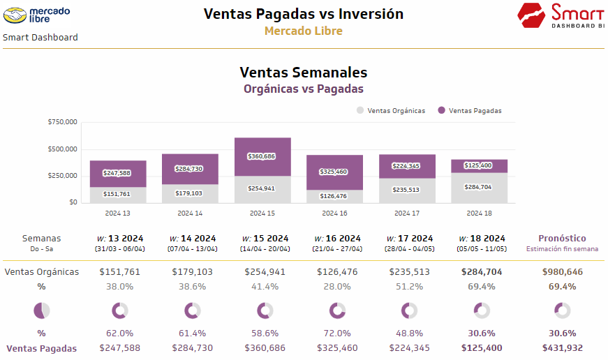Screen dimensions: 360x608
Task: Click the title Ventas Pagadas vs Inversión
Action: [x=303, y=13]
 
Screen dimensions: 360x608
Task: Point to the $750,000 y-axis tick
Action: [x=62, y=122]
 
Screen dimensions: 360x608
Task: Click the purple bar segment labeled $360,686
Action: [x=262, y=156]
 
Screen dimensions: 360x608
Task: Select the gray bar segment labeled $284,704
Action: [x=479, y=188]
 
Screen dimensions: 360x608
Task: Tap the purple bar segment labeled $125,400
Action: [x=479, y=165]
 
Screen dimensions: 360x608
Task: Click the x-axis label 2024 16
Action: [x=334, y=213]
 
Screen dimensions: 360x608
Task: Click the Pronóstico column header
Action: [x=562, y=239]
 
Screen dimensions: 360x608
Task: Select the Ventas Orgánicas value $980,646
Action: [x=562, y=272]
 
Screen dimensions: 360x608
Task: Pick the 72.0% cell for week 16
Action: [x=334, y=333]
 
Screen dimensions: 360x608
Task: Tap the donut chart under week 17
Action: [x=407, y=310]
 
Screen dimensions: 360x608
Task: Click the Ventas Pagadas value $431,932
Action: [x=562, y=347]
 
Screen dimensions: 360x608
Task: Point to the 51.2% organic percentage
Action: [x=407, y=286]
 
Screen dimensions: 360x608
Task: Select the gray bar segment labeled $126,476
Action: [x=334, y=196]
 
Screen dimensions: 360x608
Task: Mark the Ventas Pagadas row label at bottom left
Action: [x=42, y=347]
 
